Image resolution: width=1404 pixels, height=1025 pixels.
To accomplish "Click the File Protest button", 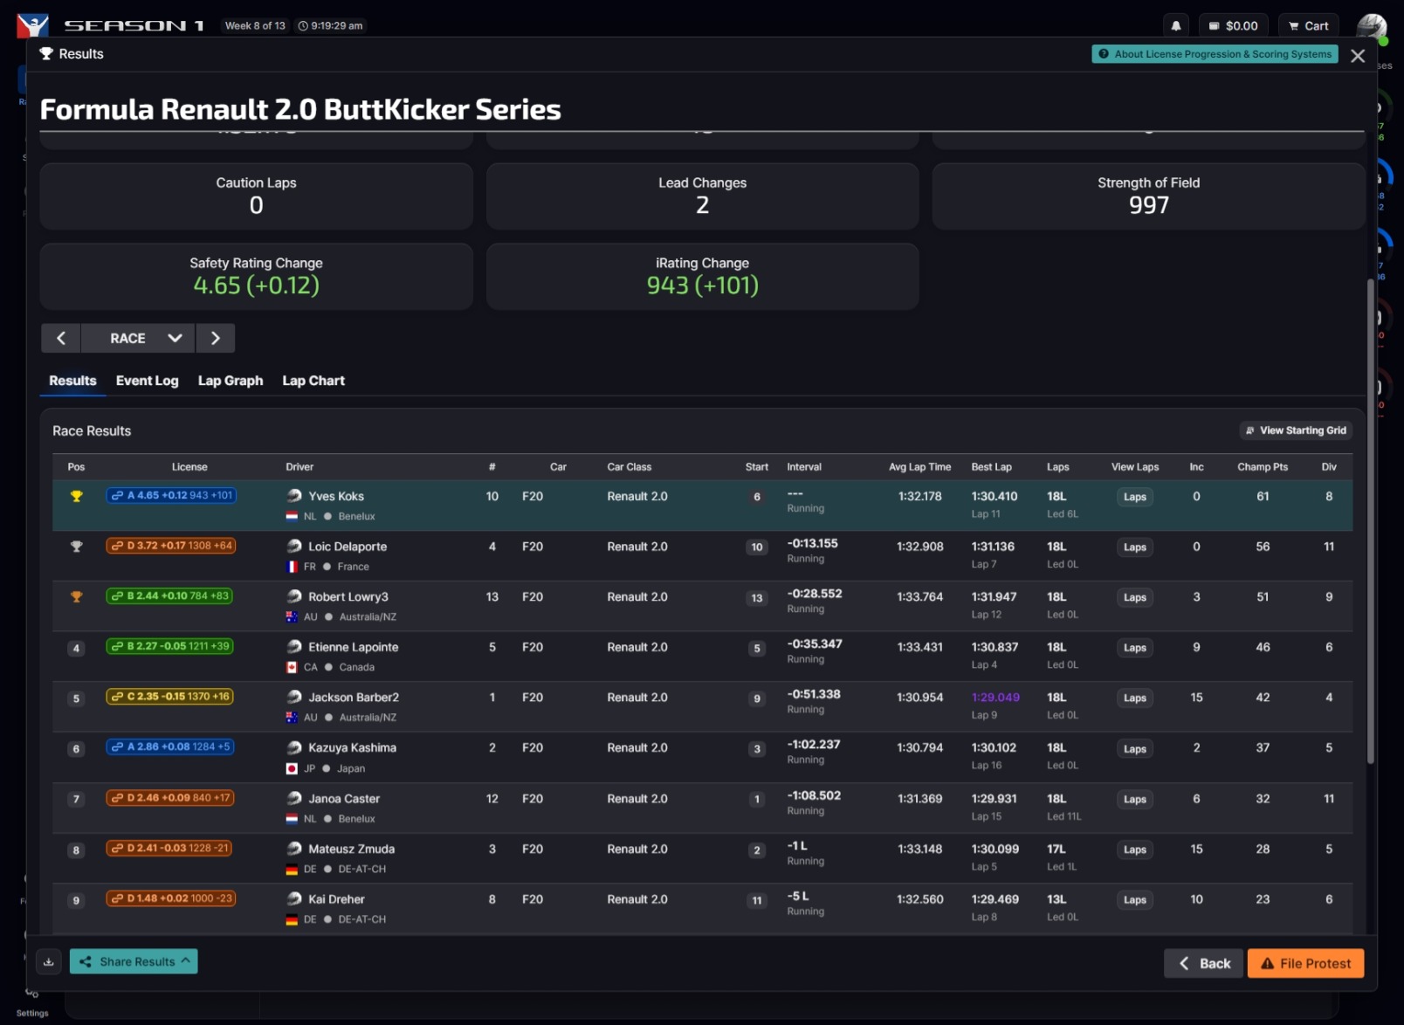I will coord(1305,963).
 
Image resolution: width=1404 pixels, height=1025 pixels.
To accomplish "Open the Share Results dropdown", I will coord(134,961).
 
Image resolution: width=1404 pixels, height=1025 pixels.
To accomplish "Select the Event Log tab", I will coord(147,381).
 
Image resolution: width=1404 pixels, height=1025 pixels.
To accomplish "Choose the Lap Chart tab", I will coord(313,381).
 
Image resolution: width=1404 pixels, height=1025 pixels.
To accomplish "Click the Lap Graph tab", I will coord(230,381).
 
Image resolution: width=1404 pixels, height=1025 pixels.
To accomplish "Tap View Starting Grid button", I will coord(1296,430).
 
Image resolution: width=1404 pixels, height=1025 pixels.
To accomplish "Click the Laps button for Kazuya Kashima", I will coord(1134,749).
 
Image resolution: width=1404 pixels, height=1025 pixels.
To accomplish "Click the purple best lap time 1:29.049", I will coord(995,698).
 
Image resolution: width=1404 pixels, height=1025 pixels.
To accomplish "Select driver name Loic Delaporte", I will coord(347,547).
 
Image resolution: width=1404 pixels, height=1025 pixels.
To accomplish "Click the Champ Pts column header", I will coord(1262,467).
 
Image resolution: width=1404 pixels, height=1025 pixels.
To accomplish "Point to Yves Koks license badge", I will coord(172,495).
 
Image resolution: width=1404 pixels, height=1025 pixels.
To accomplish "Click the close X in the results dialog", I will coord(1357,56).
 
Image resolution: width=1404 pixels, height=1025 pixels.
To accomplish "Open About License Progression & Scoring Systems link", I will coord(1215,54).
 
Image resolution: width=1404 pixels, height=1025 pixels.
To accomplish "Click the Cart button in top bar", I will coord(1308,26).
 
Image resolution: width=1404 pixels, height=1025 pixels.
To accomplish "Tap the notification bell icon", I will coord(1176,26).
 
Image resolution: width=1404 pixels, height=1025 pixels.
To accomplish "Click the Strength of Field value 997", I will coord(1148,205).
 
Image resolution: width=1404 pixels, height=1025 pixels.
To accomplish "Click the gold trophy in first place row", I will coord(76,496).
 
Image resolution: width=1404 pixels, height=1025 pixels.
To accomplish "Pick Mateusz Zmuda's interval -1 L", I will coord(797,846).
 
